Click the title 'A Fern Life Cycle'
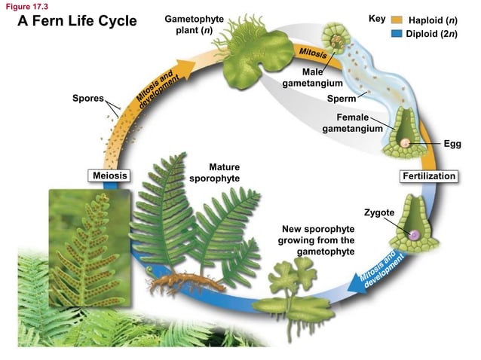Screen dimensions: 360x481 77,21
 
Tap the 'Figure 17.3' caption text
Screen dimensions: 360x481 26,6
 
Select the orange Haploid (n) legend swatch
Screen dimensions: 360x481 397,19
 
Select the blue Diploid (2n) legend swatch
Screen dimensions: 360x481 397,33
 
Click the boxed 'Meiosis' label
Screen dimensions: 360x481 108,175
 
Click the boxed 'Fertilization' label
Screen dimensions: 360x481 429,175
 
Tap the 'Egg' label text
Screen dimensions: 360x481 452,142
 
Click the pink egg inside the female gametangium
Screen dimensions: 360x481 406,142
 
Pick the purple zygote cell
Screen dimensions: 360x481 413,235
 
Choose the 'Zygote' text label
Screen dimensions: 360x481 378,213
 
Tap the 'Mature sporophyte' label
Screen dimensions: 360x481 215,172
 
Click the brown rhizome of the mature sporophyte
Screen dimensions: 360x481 177,282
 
